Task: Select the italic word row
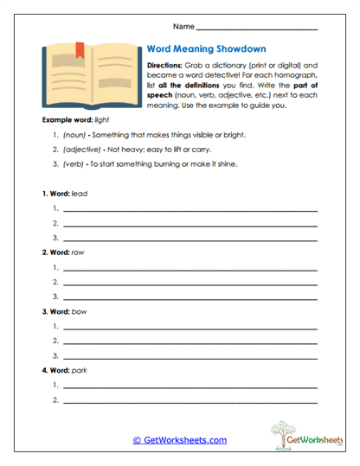77,252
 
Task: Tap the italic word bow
78,310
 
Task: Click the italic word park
79,370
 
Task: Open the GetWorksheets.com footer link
179,440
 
